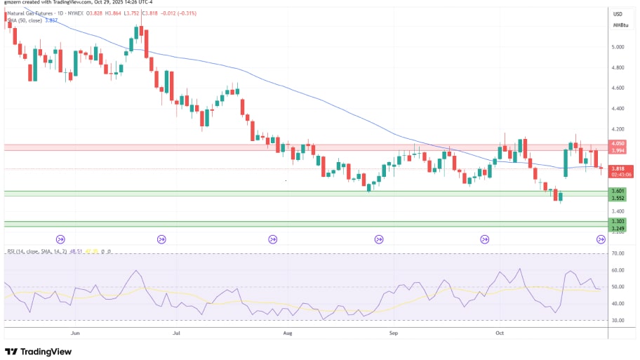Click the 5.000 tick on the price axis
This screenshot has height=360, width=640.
[x=618, y=47]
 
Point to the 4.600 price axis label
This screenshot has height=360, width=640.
[x=618, y=88]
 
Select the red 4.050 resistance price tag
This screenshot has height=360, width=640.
[x=618, y=143]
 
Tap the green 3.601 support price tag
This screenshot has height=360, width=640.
[x=618, y=191]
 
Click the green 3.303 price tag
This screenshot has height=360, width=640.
[x=618, y=222]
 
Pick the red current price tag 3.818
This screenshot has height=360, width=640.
[x=618, y=168]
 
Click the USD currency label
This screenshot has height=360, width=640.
[x=618, y=14]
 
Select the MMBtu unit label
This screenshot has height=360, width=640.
[x=620, y=25]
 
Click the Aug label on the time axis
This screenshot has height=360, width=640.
[x=286, y=333]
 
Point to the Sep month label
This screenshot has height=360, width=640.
[x=393, y=333]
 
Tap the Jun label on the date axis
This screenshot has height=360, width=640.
[x=75, y=333]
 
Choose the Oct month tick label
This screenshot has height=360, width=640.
[x=500, y=333]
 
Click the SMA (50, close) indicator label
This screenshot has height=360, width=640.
[x=28, y=20]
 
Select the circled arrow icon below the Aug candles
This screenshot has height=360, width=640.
[x=272, y=239]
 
